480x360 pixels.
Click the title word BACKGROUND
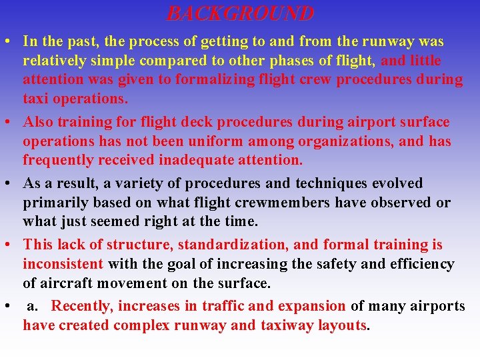[240, 13]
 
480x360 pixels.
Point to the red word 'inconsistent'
[63, 264]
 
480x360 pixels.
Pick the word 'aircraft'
[69, 283]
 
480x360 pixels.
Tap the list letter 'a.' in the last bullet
[33, 307]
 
